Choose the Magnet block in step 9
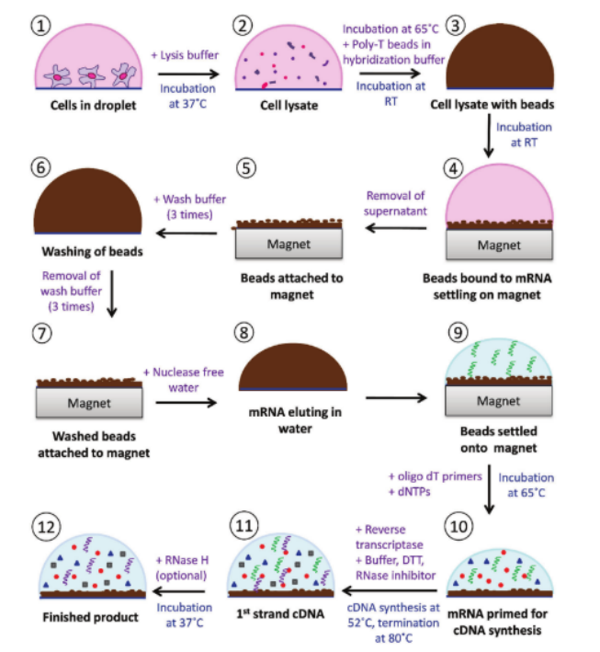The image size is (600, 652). pyautogui.click(x=497, y=401)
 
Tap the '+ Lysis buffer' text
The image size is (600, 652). pyautogui.click(x=188, y=56)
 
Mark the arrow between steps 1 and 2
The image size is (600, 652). pyautogui.click(x=188, y=73)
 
